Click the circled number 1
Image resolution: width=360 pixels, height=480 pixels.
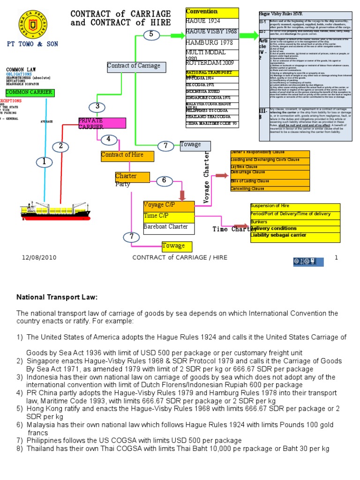[x=45, y=162]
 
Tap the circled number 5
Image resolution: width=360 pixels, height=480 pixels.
[x=151, y=34]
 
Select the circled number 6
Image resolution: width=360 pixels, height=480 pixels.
[x=164, y=180]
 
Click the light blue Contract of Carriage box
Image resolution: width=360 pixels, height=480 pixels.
[x=136, y=66]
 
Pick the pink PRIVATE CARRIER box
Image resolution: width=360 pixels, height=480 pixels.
[x=102, y=123]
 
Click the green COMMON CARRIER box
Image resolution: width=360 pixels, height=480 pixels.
[x=30, y=92]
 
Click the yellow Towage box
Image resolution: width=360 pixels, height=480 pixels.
[x=173, y=246]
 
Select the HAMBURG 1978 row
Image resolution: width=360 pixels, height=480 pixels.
[x=212, y=43]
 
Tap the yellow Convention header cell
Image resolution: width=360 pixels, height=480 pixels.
[x=212, y=12]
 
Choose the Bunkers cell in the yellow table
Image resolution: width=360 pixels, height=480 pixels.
[x=295, y=222]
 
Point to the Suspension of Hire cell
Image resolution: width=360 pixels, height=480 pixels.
[x=295, y=206]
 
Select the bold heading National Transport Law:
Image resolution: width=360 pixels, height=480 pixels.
[x=57, y=297]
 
